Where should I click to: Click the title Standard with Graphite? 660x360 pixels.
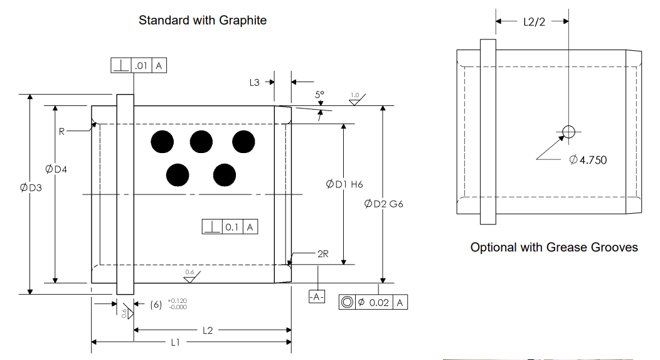[x=203, y=20]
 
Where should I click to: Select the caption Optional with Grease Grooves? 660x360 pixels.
[x=554, y=247]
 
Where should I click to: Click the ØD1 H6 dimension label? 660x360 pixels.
[x=344, y=184]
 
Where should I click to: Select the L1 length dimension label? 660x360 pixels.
[x=175, y=342]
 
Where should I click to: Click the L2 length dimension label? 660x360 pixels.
[x=208, y=329]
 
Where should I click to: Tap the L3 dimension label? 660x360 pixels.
[x=254, y=82]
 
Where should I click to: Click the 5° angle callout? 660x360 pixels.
[x=320, y=95]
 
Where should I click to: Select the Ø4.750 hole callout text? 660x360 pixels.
[x=588, y=160]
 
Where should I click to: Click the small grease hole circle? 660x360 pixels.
[x=568, y=131]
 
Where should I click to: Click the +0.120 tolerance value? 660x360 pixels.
[x=178, y=300]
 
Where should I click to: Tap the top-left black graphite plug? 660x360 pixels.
[x=162, y=142]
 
